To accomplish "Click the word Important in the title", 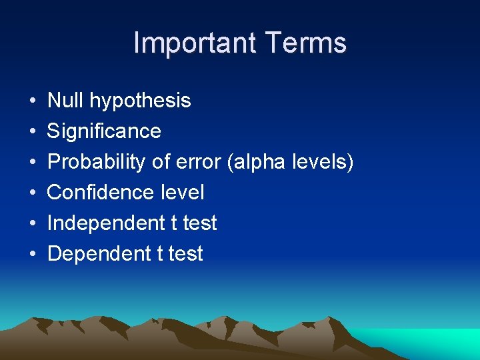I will (x=195, y=43).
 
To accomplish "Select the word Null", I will (x=65, y=101).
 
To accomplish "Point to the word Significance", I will (x=104, y=131).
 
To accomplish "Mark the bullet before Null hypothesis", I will (x=33, y=101).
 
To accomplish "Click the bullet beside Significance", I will (x=33, y=132).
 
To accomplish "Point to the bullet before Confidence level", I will (x=33, y=193).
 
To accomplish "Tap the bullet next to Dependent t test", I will (x=33, y=255).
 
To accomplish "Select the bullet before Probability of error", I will (x=33, y=163).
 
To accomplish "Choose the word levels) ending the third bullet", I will (x=325, y=162).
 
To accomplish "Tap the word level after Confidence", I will (x=182, y=193).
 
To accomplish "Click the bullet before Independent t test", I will (x=33, y=224).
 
